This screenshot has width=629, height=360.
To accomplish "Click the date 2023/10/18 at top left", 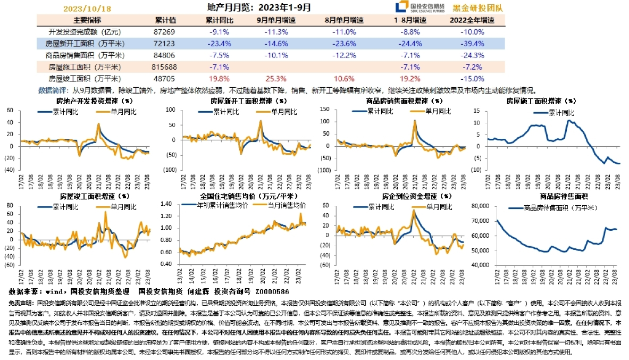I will point(87,9).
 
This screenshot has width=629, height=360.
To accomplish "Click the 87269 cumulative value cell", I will point(165,32).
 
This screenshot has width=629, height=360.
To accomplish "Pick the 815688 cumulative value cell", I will point(165,67).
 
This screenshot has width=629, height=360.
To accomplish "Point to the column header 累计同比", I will point(219,20).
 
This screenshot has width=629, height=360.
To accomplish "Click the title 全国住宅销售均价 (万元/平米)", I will point(241,196).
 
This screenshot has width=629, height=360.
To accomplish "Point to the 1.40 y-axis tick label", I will point(167,204).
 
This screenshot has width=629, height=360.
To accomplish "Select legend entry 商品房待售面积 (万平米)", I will point(555,207).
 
